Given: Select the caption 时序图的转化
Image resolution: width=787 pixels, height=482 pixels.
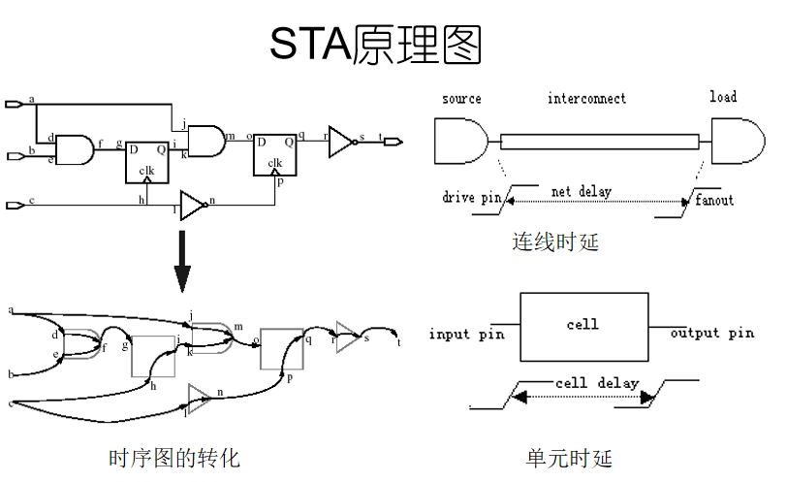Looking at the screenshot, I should tap(174, 458).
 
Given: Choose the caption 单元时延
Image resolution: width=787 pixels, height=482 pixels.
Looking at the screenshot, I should tap(570, 458).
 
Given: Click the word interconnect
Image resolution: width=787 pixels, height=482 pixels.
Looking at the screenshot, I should tap(586, 99).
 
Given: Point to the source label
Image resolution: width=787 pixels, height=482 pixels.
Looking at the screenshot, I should tap(461, 99).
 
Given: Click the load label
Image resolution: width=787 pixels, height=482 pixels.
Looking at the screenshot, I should tap(722, 97).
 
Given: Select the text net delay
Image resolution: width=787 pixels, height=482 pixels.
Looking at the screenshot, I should tap(582, 192).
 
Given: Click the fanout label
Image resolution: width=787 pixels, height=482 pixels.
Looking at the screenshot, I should tap(714, 201).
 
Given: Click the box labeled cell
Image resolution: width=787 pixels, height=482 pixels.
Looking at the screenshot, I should tap(582, 325).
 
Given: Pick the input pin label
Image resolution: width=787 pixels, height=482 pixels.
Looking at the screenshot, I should tap(463, 335).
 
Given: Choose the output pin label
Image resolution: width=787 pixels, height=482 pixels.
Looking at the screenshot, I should tap(711, 334).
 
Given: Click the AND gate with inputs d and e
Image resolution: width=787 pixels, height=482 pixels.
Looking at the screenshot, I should tap(75, 149).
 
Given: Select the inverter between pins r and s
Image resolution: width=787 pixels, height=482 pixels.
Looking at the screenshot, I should tap(341, 141).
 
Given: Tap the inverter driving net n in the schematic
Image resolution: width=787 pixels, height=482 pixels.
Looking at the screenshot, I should tap(192, 205).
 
